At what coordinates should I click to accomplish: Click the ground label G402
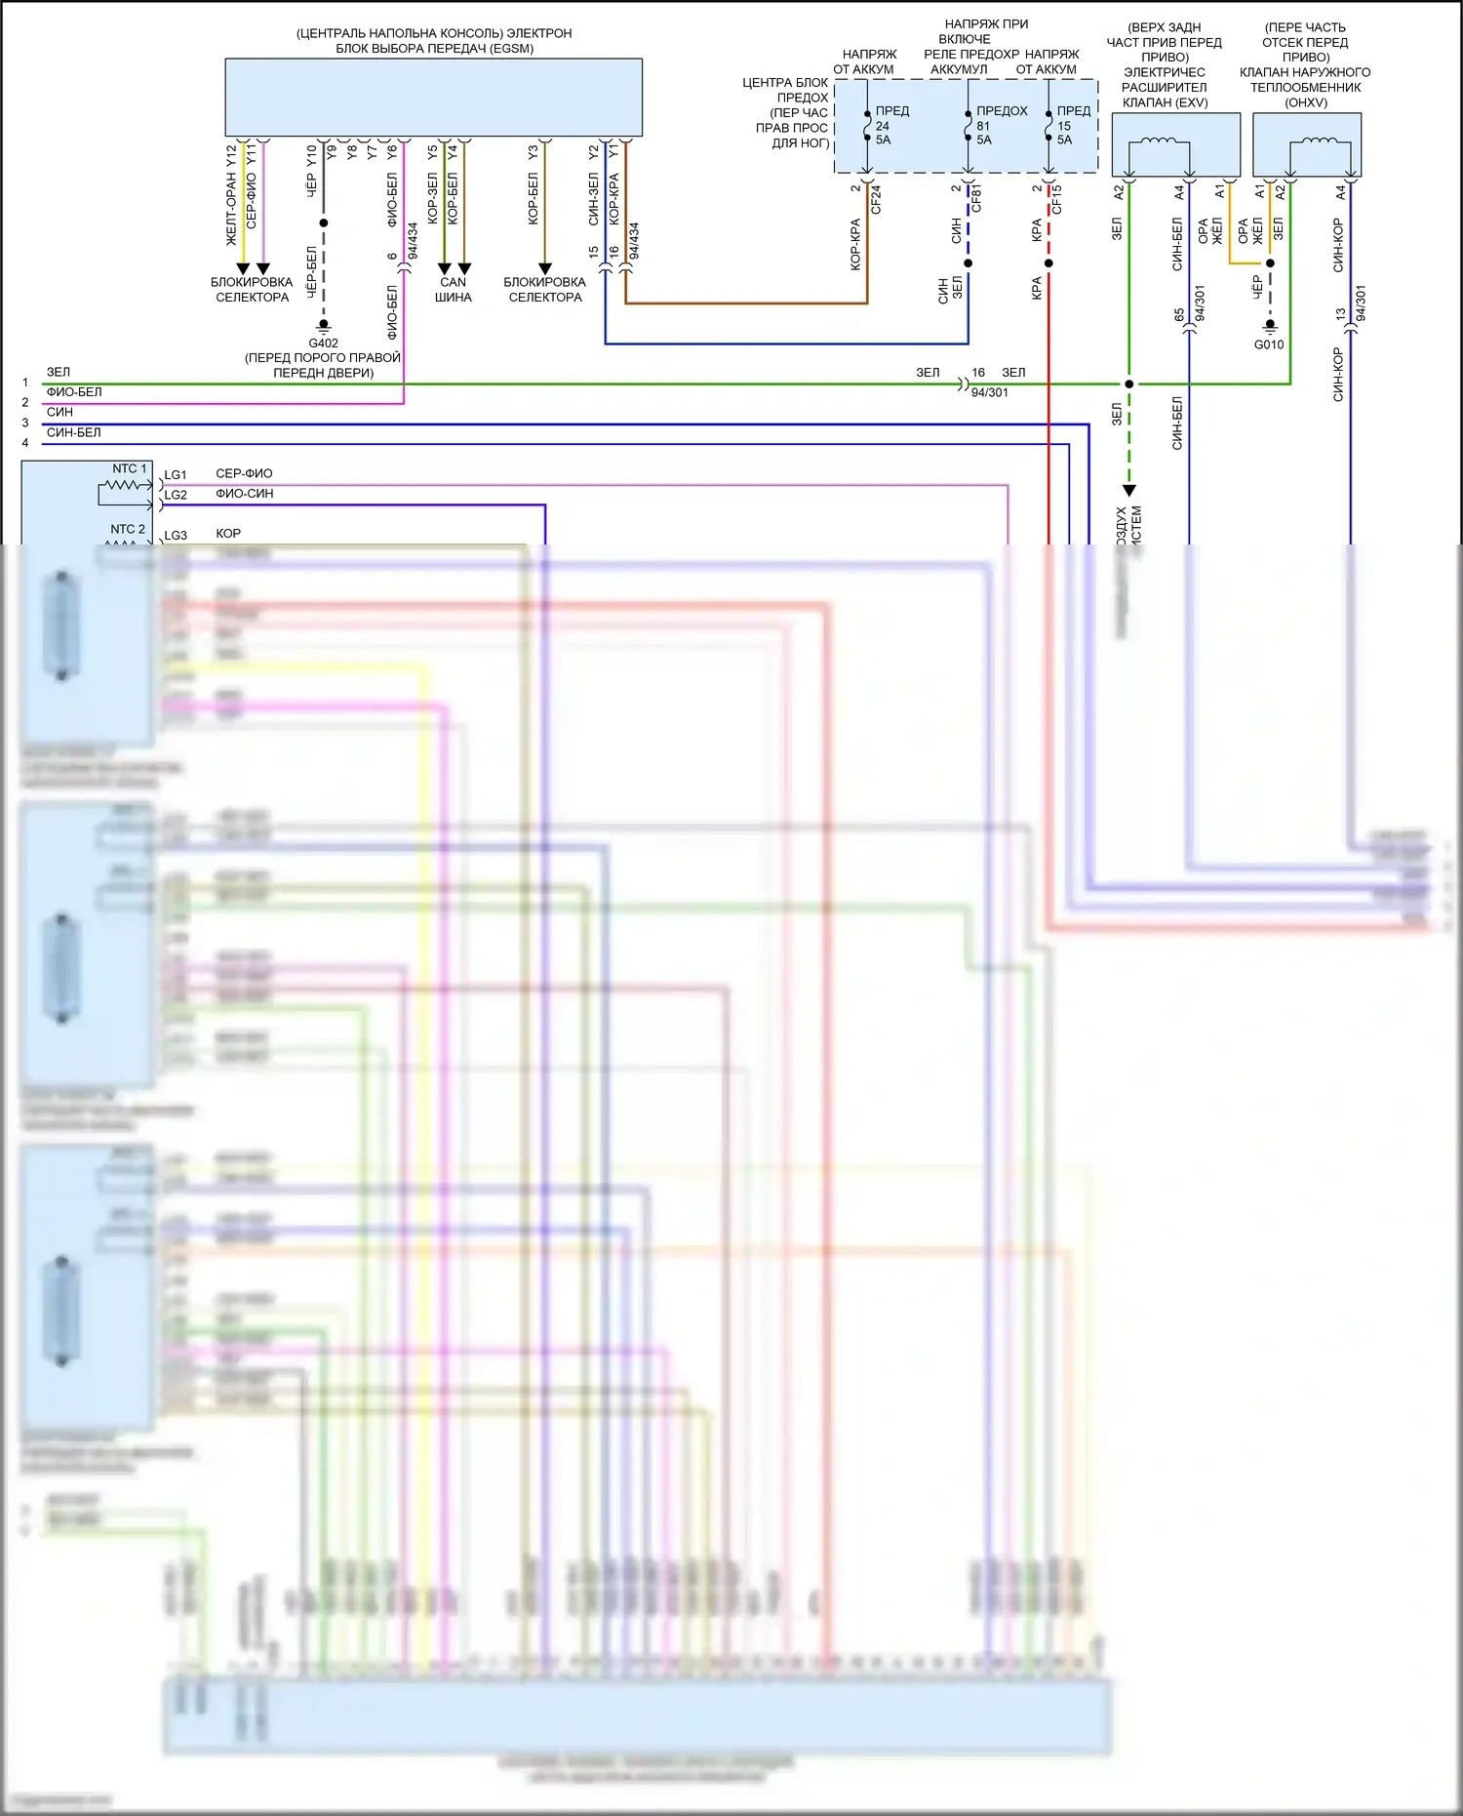point(323,343)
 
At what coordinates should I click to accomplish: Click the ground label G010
point(1269,344)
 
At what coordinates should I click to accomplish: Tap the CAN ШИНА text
point(453,290)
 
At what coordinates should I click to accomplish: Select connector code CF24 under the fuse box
point(876,200)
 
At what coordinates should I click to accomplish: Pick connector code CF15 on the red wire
point(1057,199)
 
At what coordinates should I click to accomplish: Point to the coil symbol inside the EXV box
point(1159,143)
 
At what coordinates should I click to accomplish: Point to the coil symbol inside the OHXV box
point(1320,143)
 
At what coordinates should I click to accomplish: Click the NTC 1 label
point(129,469)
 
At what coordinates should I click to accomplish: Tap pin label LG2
point(176,496)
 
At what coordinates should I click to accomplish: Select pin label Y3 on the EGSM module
point(533,153)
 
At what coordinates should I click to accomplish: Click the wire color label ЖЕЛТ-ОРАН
point(231,210)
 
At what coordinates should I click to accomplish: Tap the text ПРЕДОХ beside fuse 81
point(1002,111)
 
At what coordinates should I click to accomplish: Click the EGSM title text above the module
point(434,41)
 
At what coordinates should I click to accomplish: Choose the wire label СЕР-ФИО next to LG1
point(244,474)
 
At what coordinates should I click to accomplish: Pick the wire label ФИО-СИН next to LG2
point(244,494)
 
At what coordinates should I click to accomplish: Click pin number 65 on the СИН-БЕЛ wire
point(1179,315)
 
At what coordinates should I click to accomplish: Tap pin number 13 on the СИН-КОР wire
point(1341,314)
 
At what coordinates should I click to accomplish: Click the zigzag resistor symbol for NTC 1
point(125,485)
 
